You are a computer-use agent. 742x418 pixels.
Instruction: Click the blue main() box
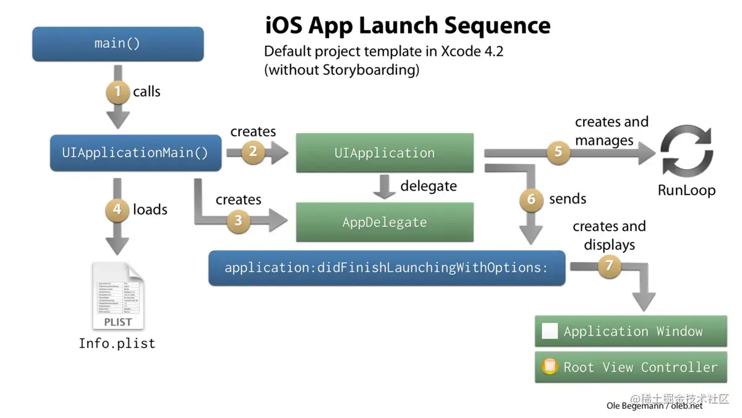point(117,44)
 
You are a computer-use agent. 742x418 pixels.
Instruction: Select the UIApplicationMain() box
point(135,153)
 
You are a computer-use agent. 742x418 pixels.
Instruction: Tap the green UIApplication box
point(385,153)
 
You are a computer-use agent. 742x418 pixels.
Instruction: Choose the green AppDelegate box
point(385,222)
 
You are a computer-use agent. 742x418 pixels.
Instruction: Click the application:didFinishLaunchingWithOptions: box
point(386,268)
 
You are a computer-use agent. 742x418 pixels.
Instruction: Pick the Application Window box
point(631,331)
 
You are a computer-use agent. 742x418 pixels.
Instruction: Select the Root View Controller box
point(631,367)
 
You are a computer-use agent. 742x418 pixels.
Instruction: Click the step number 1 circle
point(117,92)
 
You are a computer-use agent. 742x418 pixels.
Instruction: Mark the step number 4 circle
point(117,210)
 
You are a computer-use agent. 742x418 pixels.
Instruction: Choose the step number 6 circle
point(531,199)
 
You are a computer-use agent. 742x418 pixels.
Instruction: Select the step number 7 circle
point(609,266)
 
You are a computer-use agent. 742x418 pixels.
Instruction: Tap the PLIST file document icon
point(117,296)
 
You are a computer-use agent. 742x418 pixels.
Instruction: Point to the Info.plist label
point(117,343)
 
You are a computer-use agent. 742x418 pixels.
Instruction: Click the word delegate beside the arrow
point(429,186)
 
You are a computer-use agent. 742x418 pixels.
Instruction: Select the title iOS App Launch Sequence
point(407,25)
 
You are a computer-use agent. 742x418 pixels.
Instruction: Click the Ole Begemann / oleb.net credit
point(654,406)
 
